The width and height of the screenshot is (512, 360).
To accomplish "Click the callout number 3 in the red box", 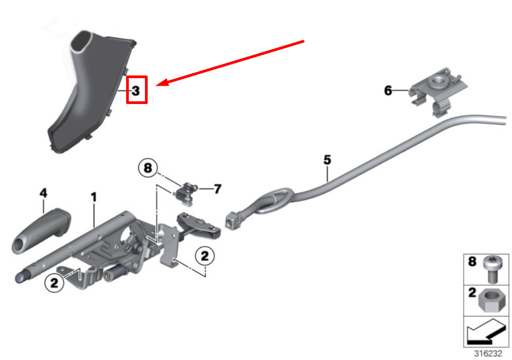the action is pyautogui.click(x=136, y=91).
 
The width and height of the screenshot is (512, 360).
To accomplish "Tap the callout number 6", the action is pyautogui.click(x=388, y=91).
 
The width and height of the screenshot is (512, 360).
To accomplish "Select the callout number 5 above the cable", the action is pyautogui.click(x=327, y=160).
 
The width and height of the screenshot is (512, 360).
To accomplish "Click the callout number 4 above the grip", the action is pyautogui.click(x=44, y=193).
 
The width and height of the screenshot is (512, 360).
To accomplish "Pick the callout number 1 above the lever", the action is pyautogui.click(x=94, y=197).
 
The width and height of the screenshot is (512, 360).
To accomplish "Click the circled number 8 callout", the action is pyautogui.click(x=148, y=168).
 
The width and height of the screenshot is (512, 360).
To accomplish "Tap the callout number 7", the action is pyautogui.click(x=218, y=189).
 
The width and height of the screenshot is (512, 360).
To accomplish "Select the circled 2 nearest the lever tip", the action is pyautogui.click(x=54, y=282).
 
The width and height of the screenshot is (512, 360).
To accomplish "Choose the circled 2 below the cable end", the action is pyautogui.click(x=205, y=256).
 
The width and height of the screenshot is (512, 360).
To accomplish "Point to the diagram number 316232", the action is pyautogui.click(x=488, y=353).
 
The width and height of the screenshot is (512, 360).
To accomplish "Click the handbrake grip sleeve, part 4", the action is pyautogui.click(x=41, y=230).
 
